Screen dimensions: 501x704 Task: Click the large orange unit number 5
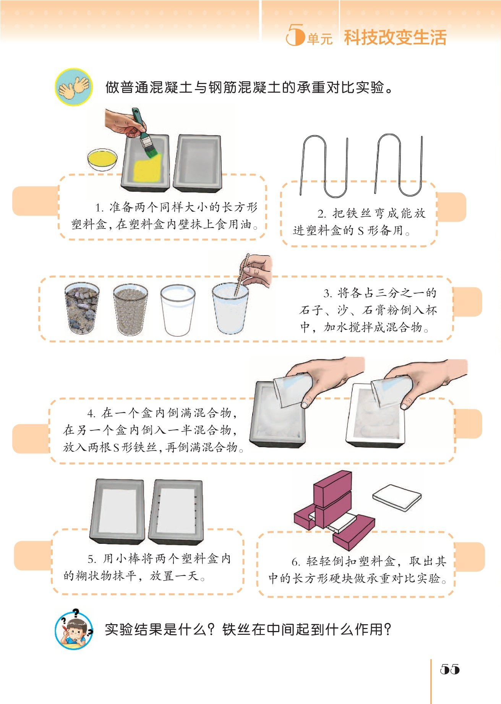(295, 35)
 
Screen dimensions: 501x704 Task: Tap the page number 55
(450, 669)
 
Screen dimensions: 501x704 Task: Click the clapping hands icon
(74, 87)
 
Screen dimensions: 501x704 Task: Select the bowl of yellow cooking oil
(102, 160)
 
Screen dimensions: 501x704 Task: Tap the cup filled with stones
(82, 308)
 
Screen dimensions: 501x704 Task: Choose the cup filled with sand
(130, 310)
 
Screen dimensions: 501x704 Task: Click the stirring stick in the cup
(241, 275)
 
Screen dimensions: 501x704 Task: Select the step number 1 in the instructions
(99, 208)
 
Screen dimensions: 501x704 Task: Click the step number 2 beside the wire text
(321, 214)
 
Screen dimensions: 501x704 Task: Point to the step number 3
(328, 294)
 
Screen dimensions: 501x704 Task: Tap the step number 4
(91, 414)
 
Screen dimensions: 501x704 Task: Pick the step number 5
(91, 560)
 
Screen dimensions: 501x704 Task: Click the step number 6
(295, 562)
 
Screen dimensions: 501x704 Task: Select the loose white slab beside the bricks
(397, 497)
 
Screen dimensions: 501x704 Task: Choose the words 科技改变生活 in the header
(395, 37)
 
